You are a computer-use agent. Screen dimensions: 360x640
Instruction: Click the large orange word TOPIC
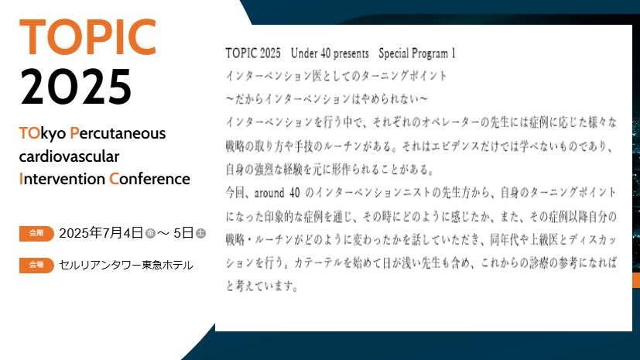[x=87, y=35]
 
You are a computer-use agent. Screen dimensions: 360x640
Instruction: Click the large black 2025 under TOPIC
[x=76, y=87]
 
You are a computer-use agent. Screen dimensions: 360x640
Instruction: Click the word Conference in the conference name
[x=149, y=180]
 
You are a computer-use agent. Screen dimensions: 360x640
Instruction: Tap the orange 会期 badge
[x=36, y=232]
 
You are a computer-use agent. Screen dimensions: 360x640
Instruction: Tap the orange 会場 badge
[x=36, y=266]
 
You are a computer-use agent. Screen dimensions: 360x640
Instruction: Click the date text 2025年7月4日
[x=101, y=232]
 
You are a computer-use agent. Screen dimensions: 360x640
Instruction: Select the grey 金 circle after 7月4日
[x=150, y=233]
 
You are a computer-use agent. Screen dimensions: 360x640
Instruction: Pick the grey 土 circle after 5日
[x=200, y=233]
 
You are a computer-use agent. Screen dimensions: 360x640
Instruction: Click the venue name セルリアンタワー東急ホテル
[x=126, y=266]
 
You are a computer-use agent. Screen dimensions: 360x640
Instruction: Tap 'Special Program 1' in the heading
[x=417, y=54]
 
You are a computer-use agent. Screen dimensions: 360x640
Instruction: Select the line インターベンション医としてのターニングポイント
[x=336, y=77]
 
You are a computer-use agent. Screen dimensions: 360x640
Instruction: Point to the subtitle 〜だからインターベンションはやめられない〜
[x=327, y=100]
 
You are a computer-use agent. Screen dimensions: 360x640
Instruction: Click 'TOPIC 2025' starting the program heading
[x=252, y=54]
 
